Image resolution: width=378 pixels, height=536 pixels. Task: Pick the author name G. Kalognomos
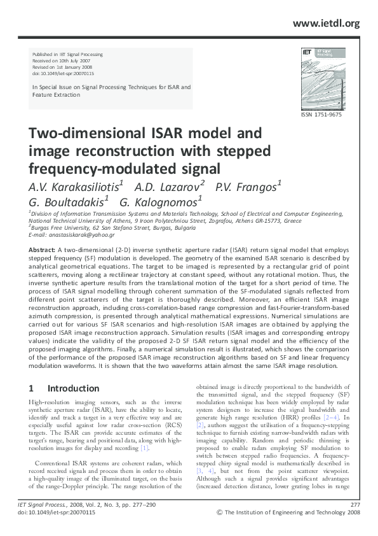coord(160,202)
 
